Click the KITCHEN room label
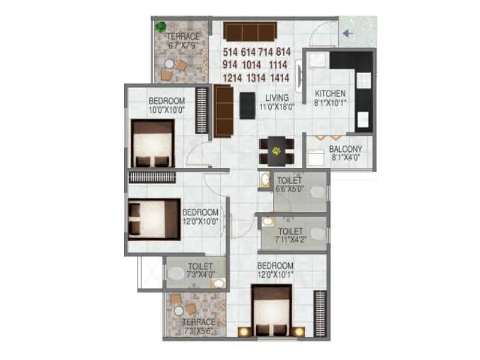point(331,94)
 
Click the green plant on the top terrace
point(160,26)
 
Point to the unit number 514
point(231,52)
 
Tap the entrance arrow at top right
point(349,34)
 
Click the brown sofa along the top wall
point(249,31)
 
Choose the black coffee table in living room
point(245,106)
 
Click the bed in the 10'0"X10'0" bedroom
point(152,143)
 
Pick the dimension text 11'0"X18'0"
point(277,107)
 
